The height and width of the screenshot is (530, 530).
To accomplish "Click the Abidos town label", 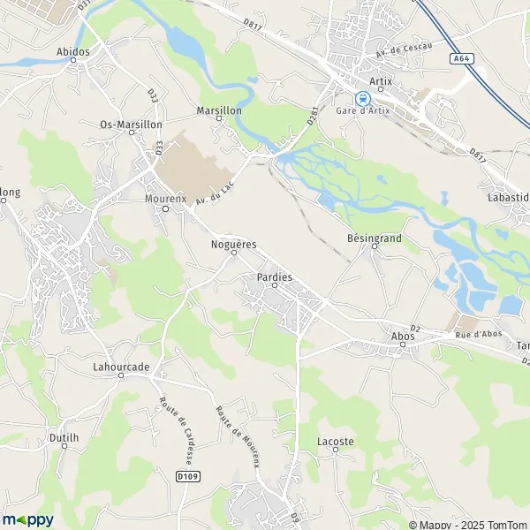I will [72, 52].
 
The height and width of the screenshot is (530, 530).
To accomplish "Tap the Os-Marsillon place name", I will [131, 125].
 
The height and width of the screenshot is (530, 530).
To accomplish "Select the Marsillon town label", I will [217, 112].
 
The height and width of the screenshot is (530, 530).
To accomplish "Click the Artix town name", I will [381, 80].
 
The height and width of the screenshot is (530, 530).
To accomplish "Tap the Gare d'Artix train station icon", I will [360, 98].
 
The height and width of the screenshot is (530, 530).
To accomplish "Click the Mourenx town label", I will [165, 199].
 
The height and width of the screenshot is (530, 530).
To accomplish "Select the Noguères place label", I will [234, 243].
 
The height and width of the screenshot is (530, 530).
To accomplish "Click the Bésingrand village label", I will [374, 238].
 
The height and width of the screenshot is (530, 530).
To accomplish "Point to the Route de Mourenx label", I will [238, 436].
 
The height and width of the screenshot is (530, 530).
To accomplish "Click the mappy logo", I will [28, 519].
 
